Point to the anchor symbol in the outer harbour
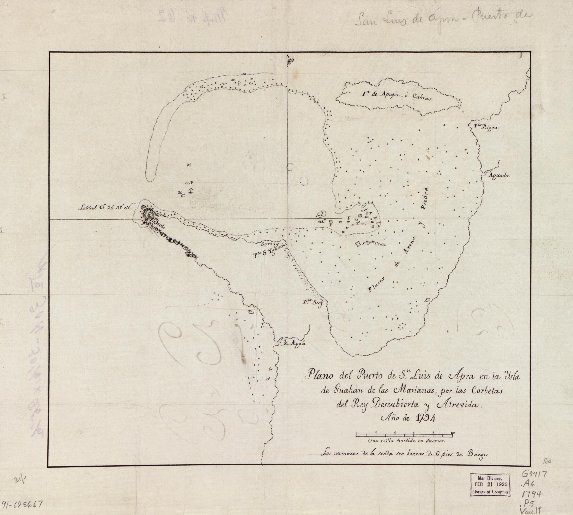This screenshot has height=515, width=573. tap(191, 191)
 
